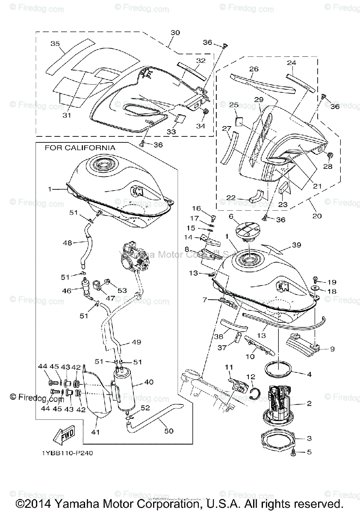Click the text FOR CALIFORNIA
80,147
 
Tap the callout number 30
175,32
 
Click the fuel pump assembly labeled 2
279,402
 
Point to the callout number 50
169,431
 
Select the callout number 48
67,242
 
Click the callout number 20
317,216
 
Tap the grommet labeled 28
330,154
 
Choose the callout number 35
55,44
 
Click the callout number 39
296,245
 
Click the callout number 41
95,432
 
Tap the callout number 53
122,290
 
